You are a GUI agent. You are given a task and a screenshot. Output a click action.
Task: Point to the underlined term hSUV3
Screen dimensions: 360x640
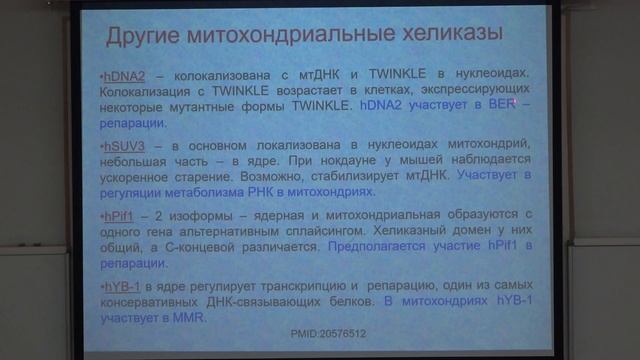click(x=122, y=146)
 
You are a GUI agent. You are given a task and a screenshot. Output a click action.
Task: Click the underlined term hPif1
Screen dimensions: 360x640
click(x=118, y=216)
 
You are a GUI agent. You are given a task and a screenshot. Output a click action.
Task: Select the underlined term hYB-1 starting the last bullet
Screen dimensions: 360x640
click(x=121, y=287)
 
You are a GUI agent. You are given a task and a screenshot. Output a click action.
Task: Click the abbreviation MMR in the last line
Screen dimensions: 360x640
click(x=187, y=319)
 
